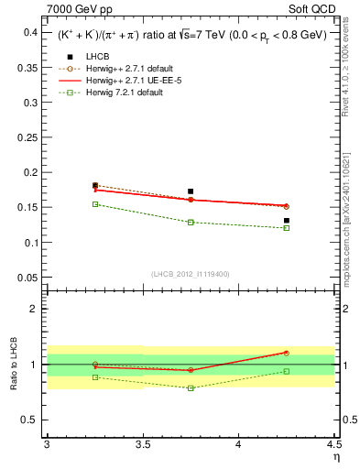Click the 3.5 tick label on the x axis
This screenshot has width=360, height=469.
click(x=142, y=446)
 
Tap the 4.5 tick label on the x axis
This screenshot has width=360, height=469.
click(x=333, y=446)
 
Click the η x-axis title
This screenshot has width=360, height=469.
click(x=335, y=458)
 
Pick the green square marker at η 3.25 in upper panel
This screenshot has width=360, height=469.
click(x=95, y=204)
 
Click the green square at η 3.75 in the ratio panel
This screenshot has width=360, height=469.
click(x=191, y=388)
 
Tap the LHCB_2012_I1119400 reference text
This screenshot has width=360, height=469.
click(x=190, y=273)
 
